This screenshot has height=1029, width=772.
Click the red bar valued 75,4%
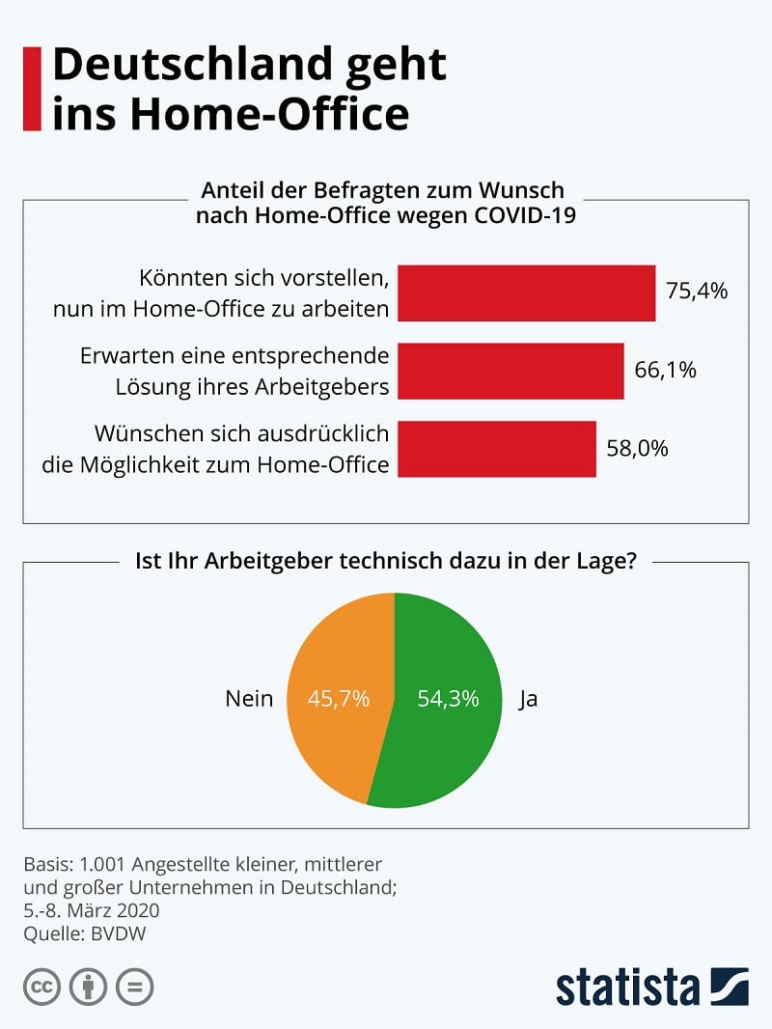point(527,293)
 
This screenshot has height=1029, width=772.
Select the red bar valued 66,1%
point(510,371)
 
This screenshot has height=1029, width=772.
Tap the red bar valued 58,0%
point(497,449)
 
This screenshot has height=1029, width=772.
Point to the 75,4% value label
point(696,292)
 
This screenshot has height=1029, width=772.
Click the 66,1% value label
point(665,371)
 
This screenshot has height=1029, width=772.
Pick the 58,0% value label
point(637,449)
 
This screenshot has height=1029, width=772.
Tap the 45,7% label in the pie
point(338,699)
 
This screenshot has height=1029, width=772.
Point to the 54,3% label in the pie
point(448,699)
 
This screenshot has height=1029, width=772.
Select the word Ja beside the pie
point(528,699)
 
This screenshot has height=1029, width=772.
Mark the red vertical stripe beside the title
point(32,89)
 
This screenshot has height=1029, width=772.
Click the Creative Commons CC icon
point(41,987)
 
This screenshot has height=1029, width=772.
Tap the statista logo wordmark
point(627,987)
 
